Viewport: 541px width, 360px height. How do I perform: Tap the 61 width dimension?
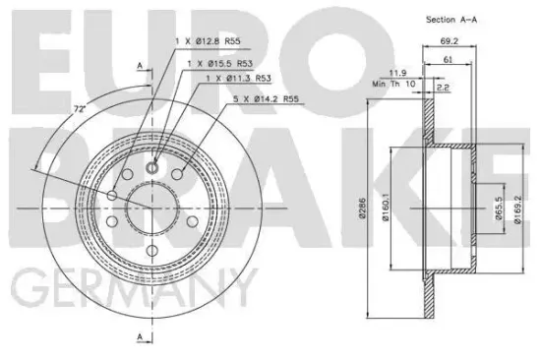coord(449,61)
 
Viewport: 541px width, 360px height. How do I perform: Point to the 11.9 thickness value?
coord(397,73)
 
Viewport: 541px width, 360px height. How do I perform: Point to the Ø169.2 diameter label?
coord(517,209)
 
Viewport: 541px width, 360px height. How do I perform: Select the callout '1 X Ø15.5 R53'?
coord(217,63)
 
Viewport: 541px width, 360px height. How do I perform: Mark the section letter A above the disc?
coord(140,65)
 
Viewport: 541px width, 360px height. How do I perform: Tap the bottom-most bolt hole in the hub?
coord(151,253)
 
